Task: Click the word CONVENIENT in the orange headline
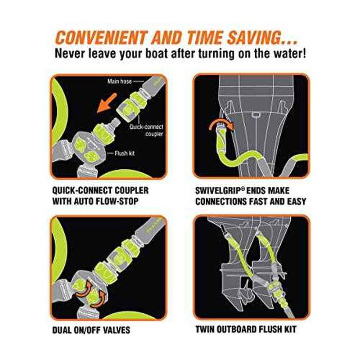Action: tap(101, 37)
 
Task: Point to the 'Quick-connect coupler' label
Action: tap(146, 130)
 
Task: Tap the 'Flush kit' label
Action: tap(125, 153)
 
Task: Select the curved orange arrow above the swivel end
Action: tap(221, 123)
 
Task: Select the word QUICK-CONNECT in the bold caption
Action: tap(82, 190)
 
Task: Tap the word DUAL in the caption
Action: tap(62, 330)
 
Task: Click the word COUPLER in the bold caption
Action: tap(131, 190)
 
